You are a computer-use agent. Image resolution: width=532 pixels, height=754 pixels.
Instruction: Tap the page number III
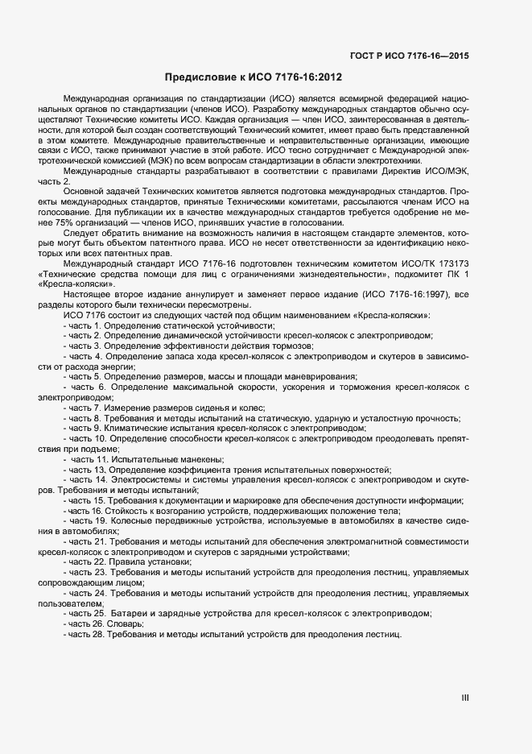coord(464,698)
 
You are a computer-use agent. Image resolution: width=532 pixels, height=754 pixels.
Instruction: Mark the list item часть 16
coord(233,511)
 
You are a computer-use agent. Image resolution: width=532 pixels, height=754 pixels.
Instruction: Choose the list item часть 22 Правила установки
coord(130,562)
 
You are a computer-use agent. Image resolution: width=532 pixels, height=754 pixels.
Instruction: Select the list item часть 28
coord(233,635)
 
